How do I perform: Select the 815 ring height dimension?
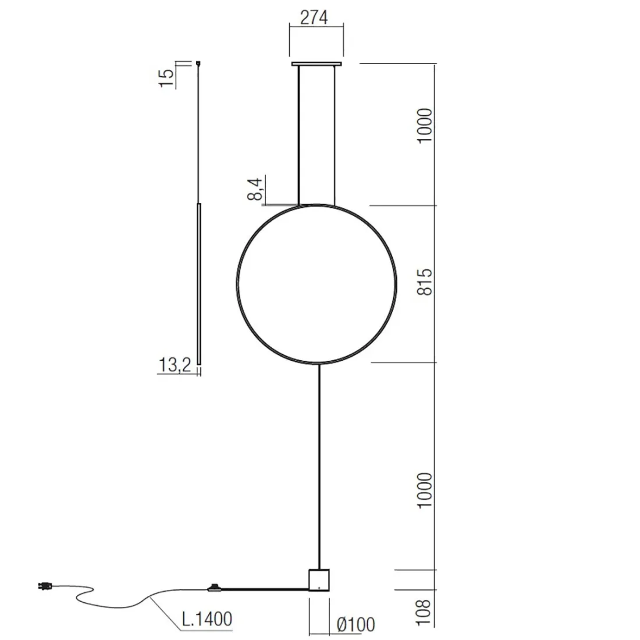[426, 282]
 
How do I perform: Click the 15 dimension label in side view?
[166, 77]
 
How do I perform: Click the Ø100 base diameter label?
[356, 624]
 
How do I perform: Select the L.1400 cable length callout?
[207, 618]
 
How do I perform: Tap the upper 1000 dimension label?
[426, 127]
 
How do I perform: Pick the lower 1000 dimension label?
[426, 490]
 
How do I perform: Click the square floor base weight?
[318, 579]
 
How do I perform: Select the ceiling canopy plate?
[317, 63]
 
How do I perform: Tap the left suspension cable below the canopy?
[298, 134]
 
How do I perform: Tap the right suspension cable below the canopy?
[335, 134]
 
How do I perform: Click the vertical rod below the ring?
[319, 465]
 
